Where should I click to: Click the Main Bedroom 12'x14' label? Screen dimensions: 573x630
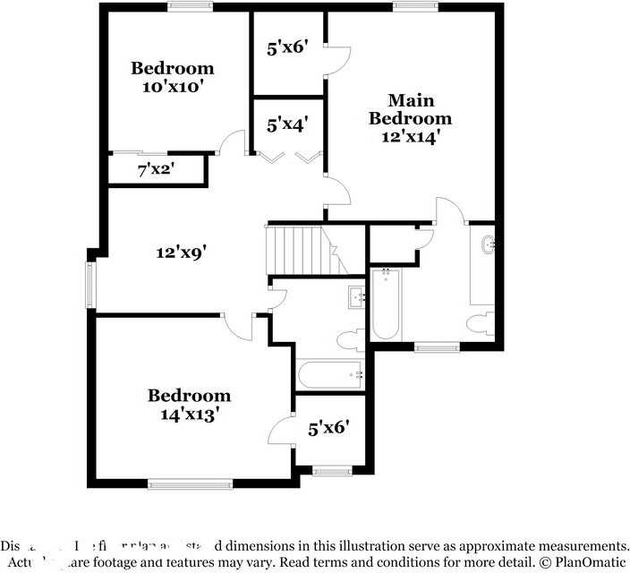410,118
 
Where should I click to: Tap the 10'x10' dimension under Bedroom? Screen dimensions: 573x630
173,87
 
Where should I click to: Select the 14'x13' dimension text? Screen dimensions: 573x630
189,415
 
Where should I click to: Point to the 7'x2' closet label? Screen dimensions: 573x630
156,169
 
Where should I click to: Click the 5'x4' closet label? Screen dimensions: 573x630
287,124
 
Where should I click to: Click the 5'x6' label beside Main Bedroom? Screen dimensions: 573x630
287,49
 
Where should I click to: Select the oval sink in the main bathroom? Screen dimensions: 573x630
488,244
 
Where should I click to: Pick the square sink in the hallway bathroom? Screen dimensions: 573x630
356,296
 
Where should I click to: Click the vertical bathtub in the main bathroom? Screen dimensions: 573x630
386,304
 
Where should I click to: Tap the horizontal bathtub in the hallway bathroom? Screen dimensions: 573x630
329,375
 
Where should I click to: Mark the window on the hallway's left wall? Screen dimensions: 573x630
89,285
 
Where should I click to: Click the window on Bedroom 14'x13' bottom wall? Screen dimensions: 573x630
191,484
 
